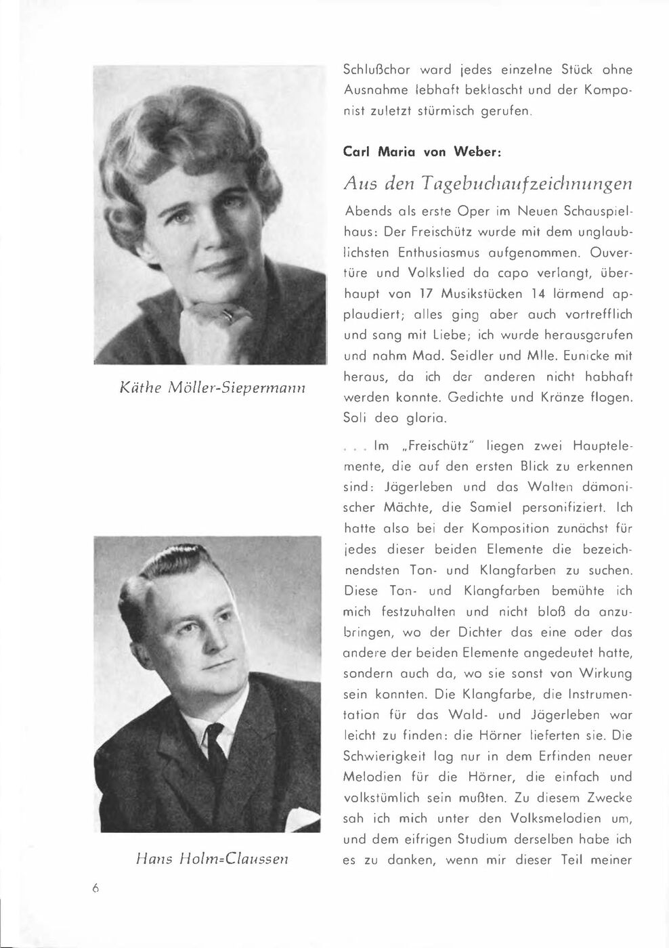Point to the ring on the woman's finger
228,313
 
